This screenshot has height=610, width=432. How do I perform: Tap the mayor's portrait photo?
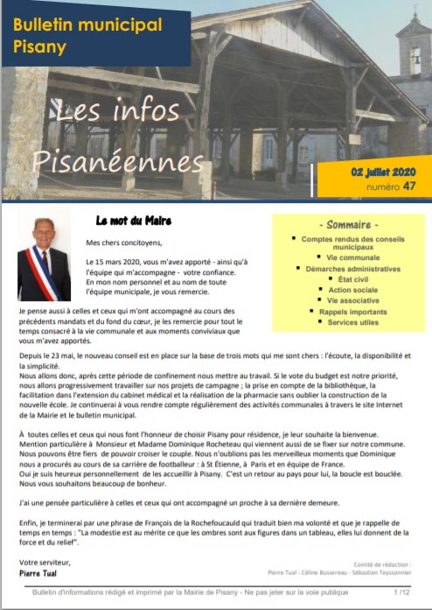(44, 259)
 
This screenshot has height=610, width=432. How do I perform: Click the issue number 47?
(410, 186)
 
